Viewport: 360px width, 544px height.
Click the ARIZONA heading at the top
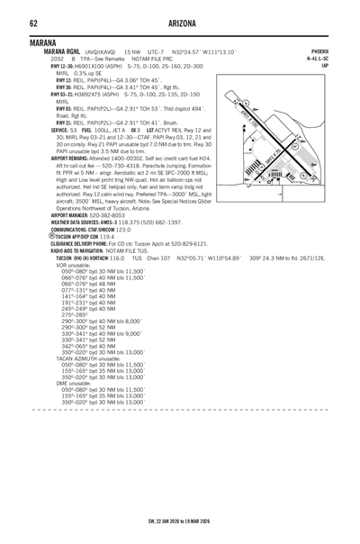tap(180, 22)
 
